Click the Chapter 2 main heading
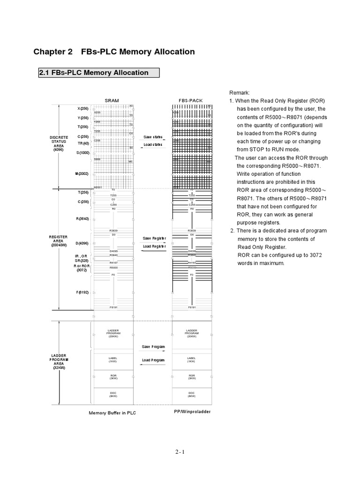pyautogui.click(x=114, y=52)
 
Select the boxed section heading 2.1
pyautogui.click(x=98, y=73)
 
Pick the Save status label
pyautogui.click(x=153, y=137)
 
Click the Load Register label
pyautogui.click(x=154, y=246)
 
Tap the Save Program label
pyautogui.click(x=153, y=347)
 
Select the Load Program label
pyautogui.click(x=153, y=360)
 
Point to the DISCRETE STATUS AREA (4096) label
pyautogui.click(x=59, y=143)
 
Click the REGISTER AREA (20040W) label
pyautogui.click(x=59, y=241)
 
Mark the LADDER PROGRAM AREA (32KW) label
pyautogui.click(x=59, y=362)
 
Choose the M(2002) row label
pyautogui.click(x=82, y=174)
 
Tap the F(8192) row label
pyautogui.click(x=82, y=292)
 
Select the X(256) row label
pyautogui.click(x=82, y=109)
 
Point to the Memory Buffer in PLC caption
pyautogui.click(x=112, y=413)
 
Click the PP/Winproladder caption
pyautogui.click(x=192, y=411)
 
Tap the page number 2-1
pyautogui.click(x=180, y=452)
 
